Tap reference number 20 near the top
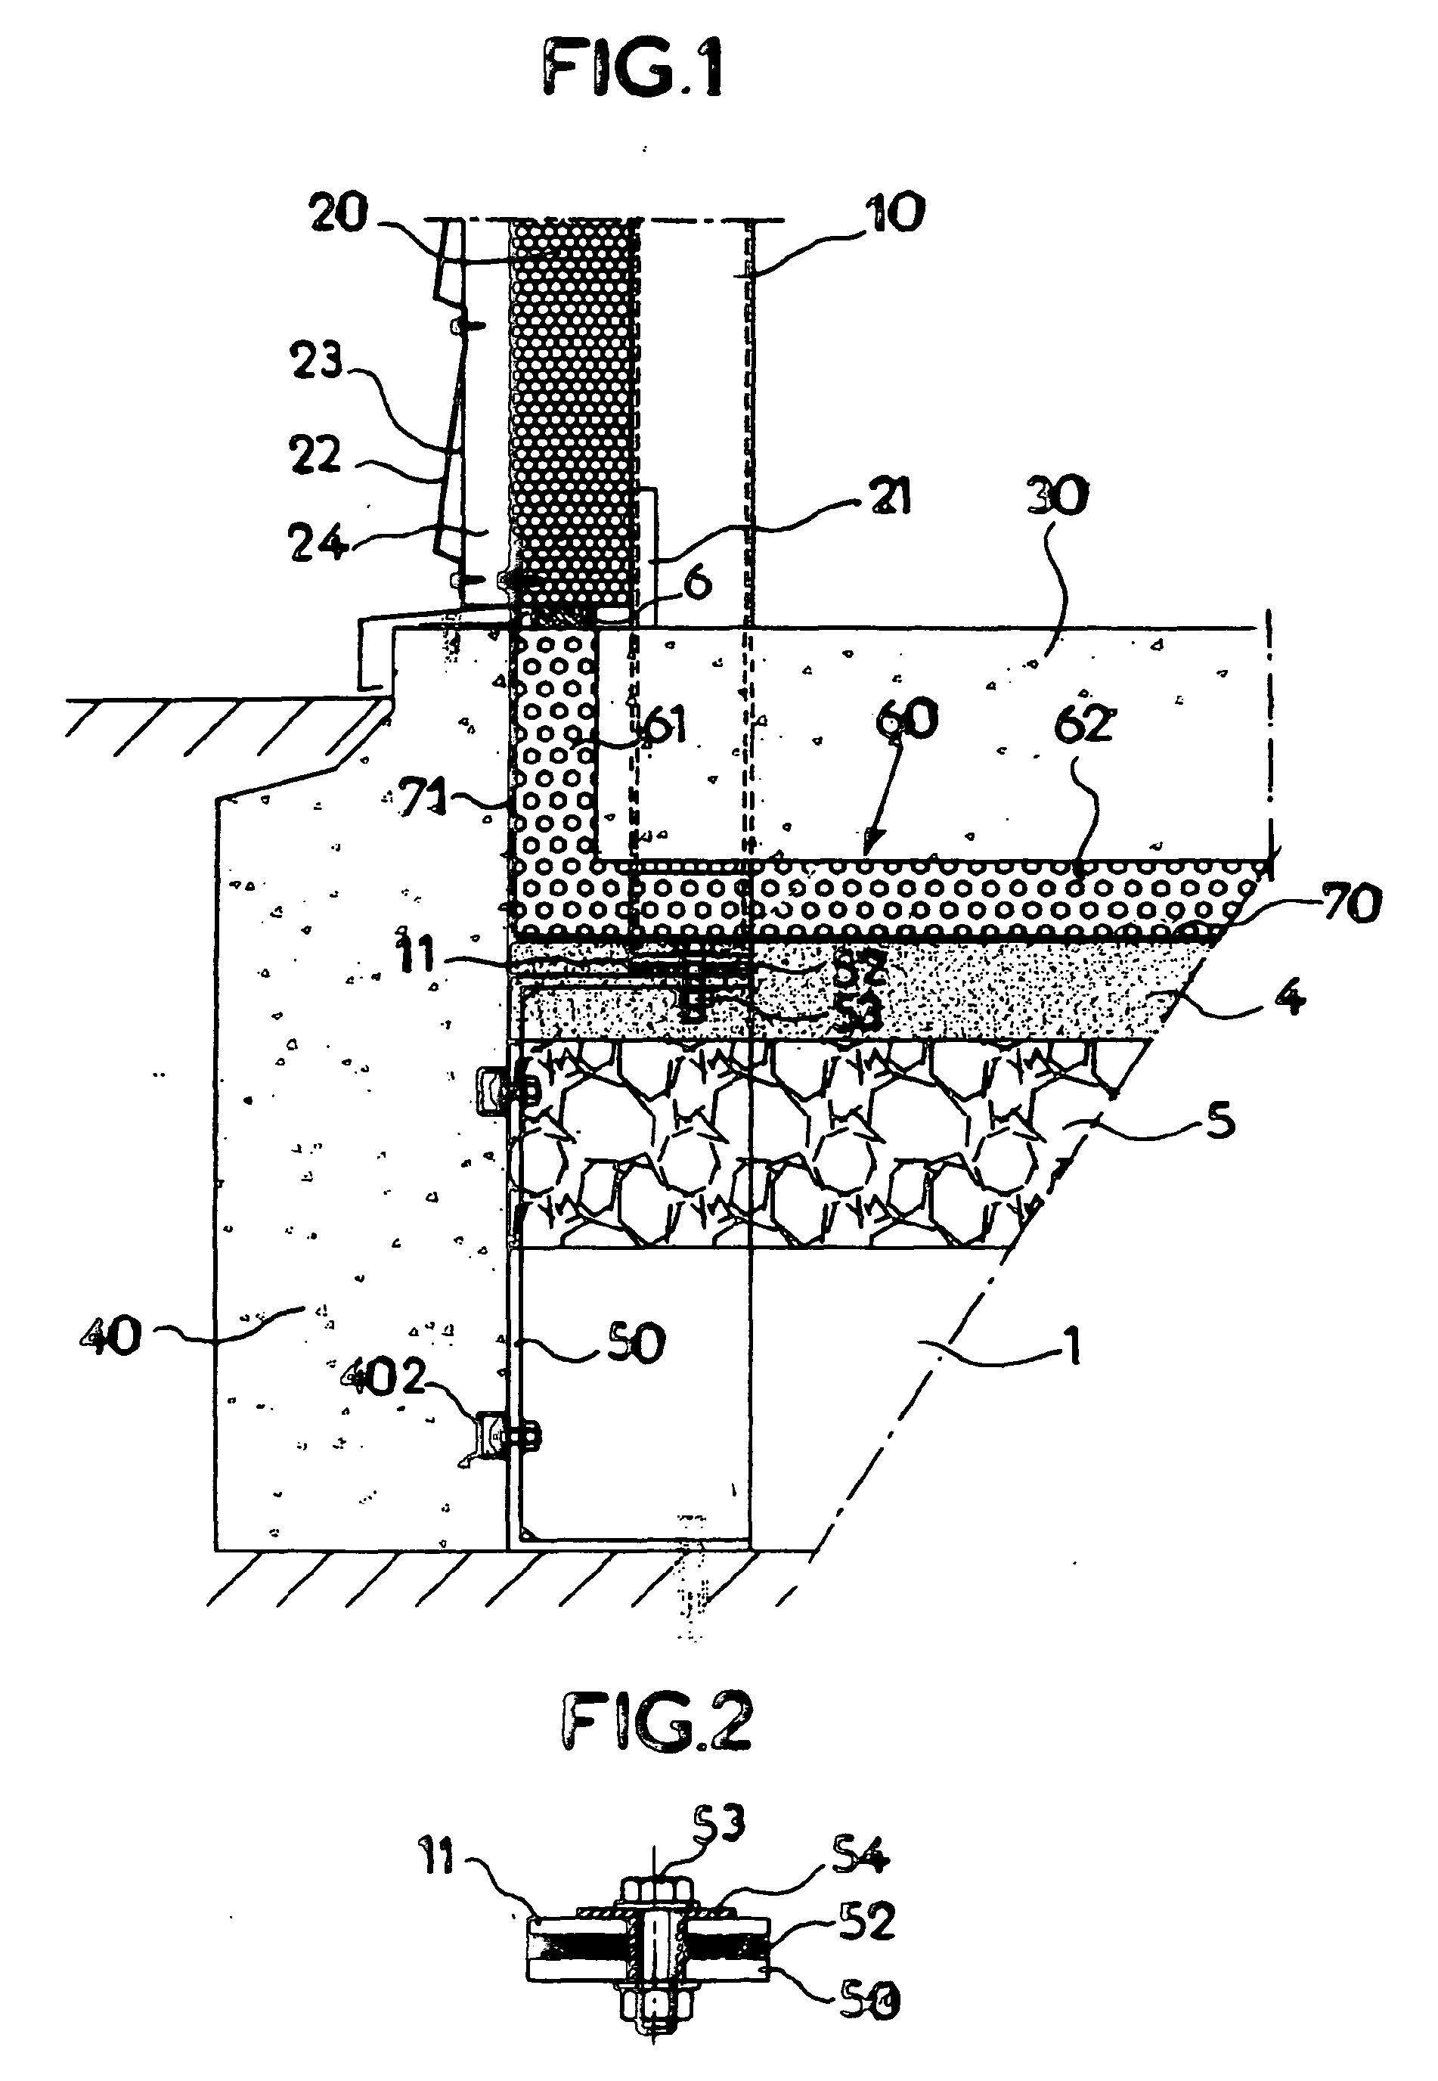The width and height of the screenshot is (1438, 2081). (339, 213)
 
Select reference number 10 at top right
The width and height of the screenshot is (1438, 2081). (896, 213)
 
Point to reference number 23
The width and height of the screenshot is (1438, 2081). (316, 361)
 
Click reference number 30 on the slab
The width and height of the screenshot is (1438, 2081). (1058, 497)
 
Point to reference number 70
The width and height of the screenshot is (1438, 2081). (1352, 903)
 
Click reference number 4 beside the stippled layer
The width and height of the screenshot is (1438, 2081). (1291, 997)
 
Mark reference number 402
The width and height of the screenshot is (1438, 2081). (382, 1377)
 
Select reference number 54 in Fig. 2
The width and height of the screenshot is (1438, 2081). (860, 1855)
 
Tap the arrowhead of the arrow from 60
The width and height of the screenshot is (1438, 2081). (866, 847)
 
